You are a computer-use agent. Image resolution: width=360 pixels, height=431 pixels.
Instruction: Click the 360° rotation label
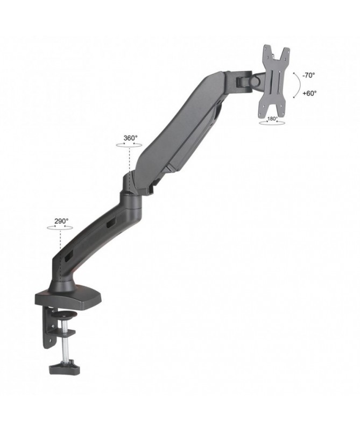coord(130,138)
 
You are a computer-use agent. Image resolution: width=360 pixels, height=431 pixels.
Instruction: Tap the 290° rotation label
coord(61,221)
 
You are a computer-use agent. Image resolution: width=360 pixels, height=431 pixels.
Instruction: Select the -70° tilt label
coord(309,75)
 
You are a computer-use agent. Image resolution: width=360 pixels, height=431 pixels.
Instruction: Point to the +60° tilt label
coord(309,93)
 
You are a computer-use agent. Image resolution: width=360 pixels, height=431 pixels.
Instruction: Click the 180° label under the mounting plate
coord(272,119)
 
